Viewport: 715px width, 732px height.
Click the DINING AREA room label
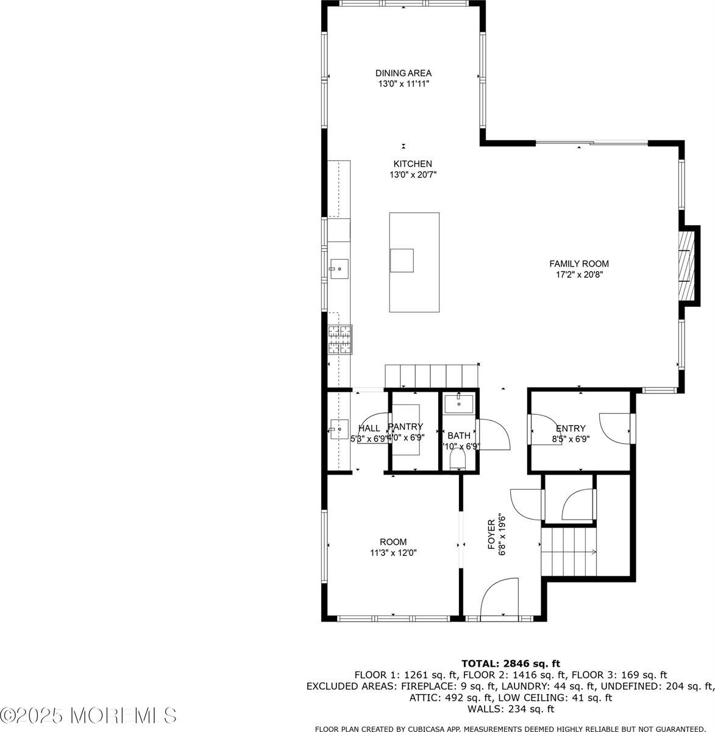403,73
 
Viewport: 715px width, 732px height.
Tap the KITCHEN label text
413,164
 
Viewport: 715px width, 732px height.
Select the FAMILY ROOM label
578,264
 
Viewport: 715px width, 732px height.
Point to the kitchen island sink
402,260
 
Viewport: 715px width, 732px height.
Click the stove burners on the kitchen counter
340,340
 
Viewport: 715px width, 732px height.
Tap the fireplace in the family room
688,265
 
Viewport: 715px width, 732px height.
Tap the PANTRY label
406,427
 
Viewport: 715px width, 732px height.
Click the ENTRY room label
571,428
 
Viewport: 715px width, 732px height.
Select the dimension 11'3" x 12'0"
393,553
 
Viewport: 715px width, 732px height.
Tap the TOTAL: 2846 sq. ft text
510,663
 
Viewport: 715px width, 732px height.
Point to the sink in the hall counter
338,429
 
